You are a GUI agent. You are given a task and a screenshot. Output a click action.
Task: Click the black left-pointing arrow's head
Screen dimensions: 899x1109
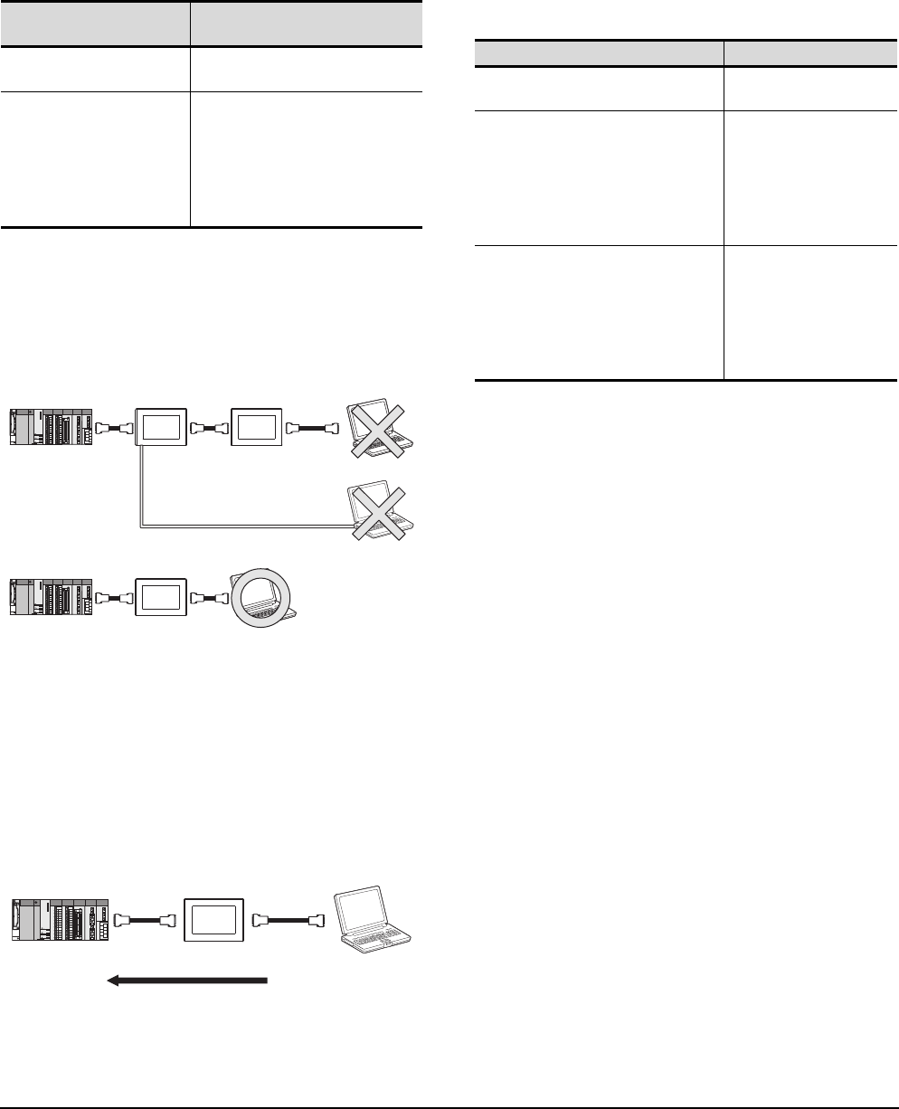click(115, 981)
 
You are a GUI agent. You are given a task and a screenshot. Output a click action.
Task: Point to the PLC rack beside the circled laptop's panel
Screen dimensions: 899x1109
click(51, 599)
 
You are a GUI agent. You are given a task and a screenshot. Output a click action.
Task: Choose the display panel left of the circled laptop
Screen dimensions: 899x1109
click(159, 599)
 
